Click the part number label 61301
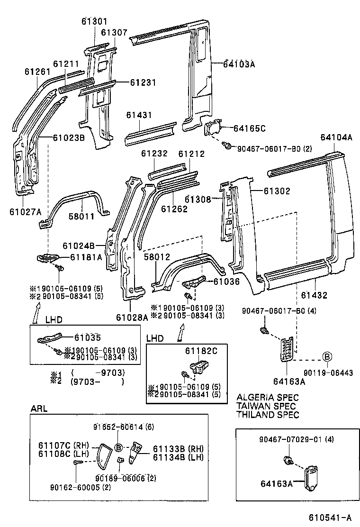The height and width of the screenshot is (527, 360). tap(94, 21)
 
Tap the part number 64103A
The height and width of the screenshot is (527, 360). tap(239, 65)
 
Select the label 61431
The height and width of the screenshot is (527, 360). tap(139, 116)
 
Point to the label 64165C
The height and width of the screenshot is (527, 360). tap(250, 128)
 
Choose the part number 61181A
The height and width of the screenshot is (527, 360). tap(86, 257)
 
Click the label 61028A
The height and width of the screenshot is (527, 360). tap(131, 317)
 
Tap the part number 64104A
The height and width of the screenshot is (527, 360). tap(336, 138)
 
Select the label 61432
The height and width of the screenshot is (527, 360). tap(314, 295)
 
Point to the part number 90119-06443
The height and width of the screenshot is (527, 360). tap(327, 373)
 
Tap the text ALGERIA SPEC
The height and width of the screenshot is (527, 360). tap(267, 397)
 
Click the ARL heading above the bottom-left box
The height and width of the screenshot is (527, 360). tap(39, 409)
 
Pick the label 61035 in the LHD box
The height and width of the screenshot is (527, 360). tap(87, 337)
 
